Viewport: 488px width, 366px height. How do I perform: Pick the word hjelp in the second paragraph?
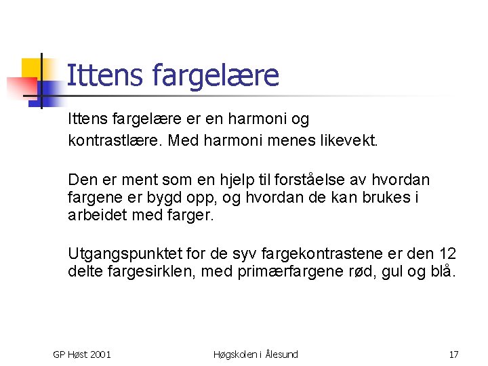click(251, 180)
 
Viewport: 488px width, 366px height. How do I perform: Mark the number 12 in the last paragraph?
click(447, 254)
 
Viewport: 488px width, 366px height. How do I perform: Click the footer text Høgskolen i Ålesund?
click(256, 354)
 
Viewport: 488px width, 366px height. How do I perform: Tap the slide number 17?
click(453, 354)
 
